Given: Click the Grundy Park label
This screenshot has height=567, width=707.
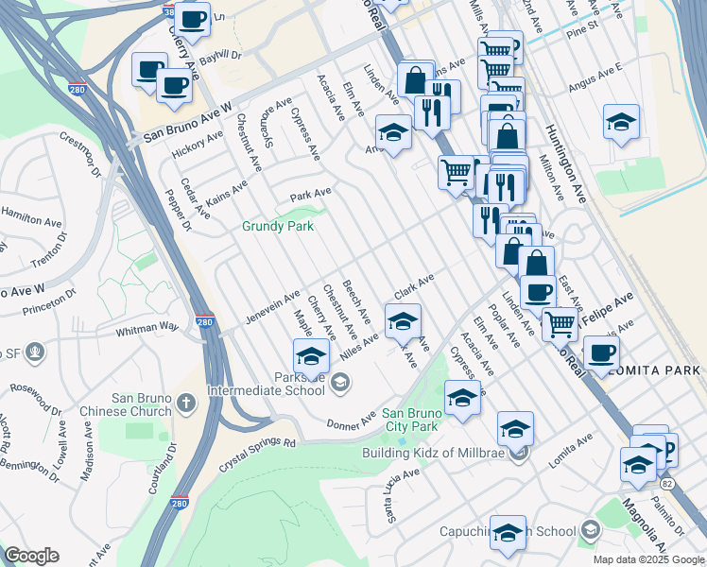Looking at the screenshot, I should coord(278,226).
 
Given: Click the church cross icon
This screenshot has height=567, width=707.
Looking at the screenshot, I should coord(186,404).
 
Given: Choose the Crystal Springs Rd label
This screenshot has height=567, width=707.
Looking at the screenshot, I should coord(257,441).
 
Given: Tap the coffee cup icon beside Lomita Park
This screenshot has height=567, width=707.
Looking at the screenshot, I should coord(600,352).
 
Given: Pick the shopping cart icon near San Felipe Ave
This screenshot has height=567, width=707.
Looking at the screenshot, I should coord(560,323).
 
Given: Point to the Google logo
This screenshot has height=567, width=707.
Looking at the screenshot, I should coord(32,556).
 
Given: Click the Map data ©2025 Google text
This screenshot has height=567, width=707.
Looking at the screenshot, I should coord(647,559).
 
